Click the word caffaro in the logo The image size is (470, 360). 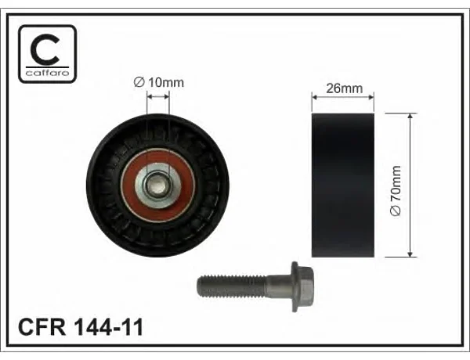(47, 73)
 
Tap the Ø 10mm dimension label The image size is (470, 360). (158, 82)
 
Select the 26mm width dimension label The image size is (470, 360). (344, 88)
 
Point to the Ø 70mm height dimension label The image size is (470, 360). (396, 190)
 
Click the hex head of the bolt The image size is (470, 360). (302, 286)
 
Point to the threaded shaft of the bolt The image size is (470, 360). (231, 286)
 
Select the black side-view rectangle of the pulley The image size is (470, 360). (343, 185)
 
